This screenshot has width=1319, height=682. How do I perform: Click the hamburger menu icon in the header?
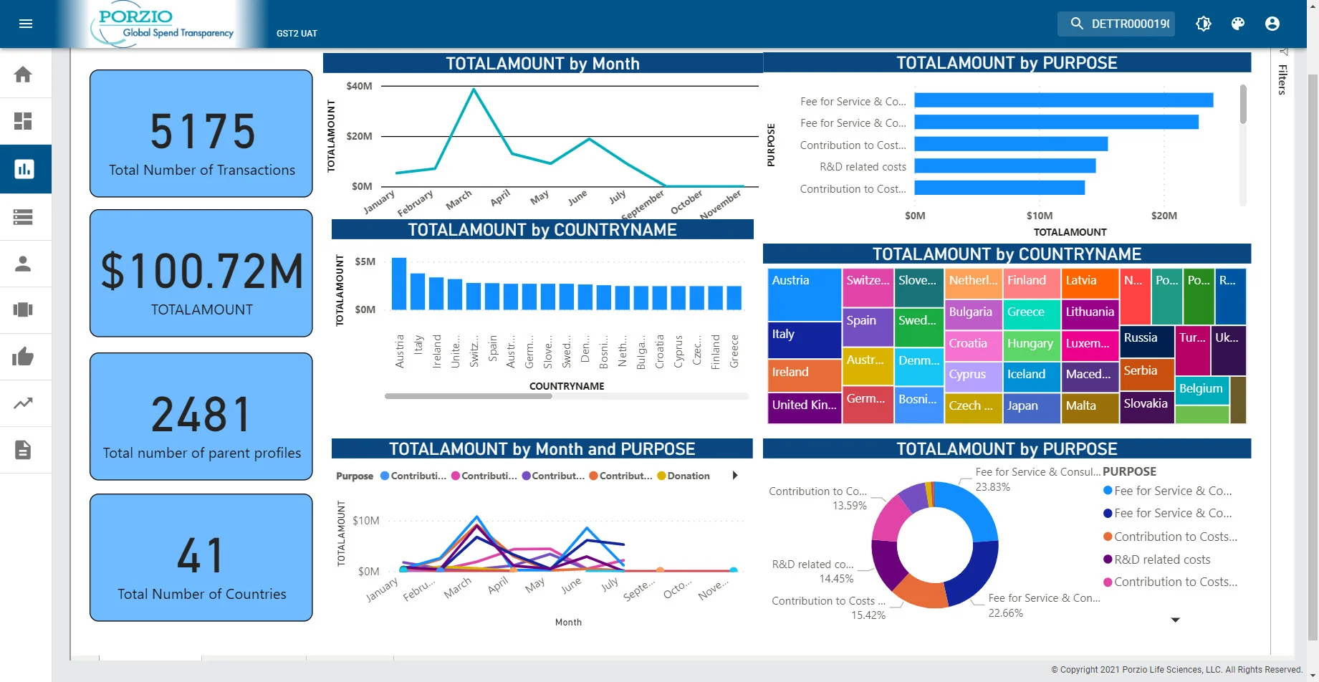[26, 24]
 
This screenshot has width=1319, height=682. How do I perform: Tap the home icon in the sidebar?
[23, 75]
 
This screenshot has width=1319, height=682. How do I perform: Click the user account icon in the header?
[1272, 24]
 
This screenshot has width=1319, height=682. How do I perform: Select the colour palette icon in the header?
[1237, 24]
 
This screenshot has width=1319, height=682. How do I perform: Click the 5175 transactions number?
[203, 132]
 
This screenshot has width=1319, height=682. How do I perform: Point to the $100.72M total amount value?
[202, 272]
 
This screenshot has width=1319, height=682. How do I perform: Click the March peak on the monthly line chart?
[474, 90]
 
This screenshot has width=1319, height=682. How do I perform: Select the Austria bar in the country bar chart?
[399, 284]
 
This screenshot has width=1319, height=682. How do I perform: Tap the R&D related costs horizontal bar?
[1004, 166]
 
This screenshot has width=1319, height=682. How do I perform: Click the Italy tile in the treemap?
[804, 340]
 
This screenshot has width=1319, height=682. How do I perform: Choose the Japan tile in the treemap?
[1031, 406]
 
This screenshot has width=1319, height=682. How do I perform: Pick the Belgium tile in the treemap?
[1202, 389]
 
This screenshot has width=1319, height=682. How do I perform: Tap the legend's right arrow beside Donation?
[734, 475]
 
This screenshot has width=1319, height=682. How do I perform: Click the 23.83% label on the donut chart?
[992, 487]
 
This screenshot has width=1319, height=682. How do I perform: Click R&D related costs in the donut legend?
[1161, 559]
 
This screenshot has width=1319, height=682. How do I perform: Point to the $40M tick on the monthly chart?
[359, 86]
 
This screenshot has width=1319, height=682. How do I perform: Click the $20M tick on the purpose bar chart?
[1164, 216]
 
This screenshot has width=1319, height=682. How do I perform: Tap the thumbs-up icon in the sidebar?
[23, 356]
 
